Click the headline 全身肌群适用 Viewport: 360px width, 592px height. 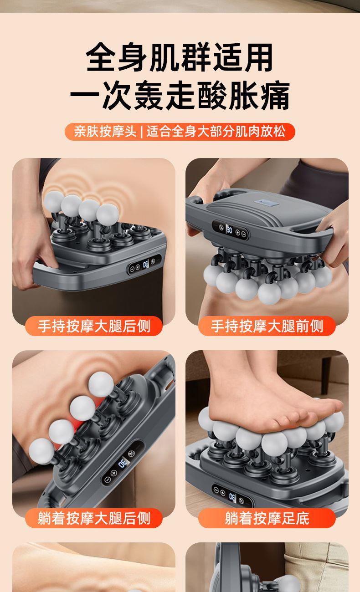(x=180, y=57)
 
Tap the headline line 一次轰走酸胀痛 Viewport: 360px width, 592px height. (x=180, y=95)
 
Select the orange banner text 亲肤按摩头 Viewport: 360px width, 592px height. (x=105, y=131)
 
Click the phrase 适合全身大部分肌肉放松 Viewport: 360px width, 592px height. (x=216, y=131)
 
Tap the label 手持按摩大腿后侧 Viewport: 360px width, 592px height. (x=94, y=326)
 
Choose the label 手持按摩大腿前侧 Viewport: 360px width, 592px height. (x=267, y=326)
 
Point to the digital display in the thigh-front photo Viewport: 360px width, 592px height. (x=229, y=230)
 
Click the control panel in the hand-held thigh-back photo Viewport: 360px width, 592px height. (x=144, y=265)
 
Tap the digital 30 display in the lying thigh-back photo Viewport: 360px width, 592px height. (x=123, y=463)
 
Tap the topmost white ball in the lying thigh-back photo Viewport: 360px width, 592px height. (x=101, y=384)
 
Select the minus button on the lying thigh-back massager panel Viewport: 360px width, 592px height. (x=107, y=480)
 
